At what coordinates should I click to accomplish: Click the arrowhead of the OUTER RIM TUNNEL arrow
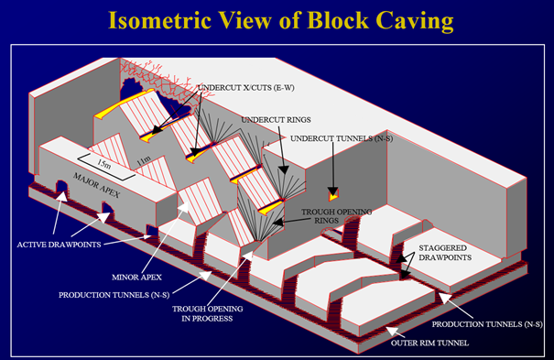pyautogui.click(x=388, y=327)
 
